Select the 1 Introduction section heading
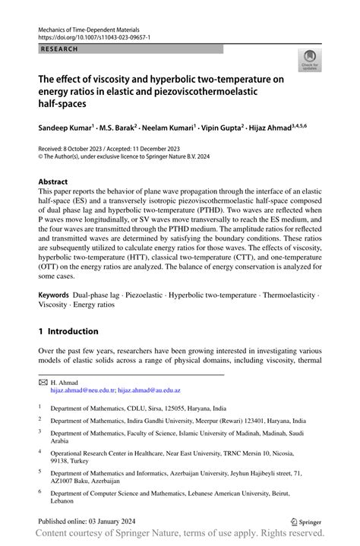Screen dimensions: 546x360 point(68,331)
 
